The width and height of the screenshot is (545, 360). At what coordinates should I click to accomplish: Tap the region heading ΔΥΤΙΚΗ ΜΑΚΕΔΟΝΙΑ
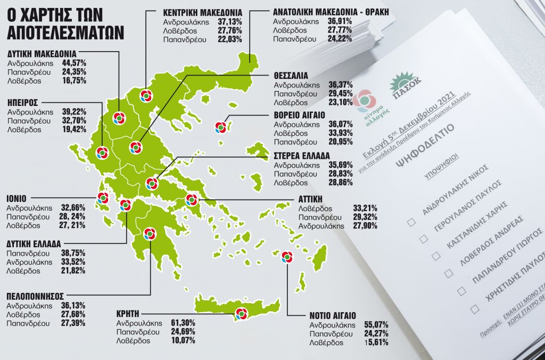42,54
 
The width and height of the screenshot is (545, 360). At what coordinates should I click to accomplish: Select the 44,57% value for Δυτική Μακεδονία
74,63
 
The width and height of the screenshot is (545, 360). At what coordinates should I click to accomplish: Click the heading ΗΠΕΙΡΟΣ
22,103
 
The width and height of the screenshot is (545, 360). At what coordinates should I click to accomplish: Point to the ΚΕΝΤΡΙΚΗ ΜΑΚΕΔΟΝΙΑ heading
202,12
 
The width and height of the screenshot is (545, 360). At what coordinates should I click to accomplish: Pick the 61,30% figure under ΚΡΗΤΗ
183,323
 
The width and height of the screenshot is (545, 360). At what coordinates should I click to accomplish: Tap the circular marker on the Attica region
192,201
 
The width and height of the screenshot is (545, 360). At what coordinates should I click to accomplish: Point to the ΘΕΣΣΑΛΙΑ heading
291,76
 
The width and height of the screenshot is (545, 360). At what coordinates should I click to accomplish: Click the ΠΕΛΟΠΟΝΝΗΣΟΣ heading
35,297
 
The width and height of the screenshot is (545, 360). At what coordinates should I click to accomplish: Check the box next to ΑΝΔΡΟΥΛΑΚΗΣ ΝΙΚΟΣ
411,222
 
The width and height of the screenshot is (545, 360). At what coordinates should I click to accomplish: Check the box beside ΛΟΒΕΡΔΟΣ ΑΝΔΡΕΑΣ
449,273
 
